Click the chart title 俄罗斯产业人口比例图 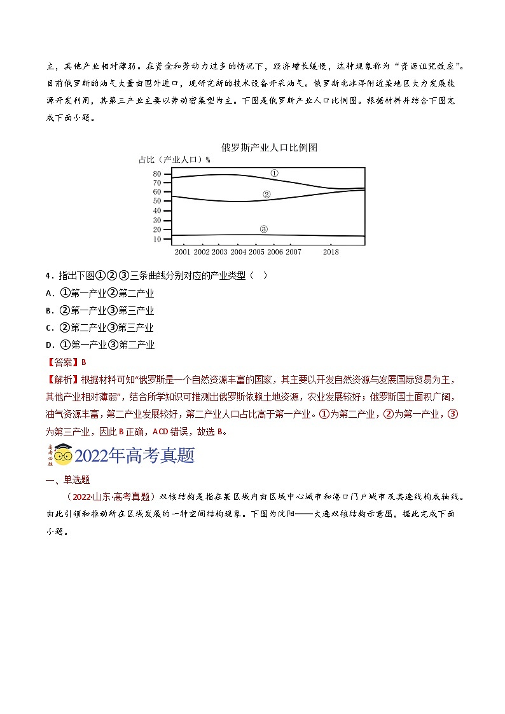pos(269,148)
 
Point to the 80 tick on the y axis pos(157,174)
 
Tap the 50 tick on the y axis pos(157,201)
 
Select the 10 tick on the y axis pos(157,239)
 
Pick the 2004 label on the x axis pos(239,252)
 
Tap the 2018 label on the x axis pos(331,252)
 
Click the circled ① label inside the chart pos(274,173)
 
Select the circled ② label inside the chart pos(266,195)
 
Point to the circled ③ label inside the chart pos(264,229)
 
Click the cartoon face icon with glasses pos(62,455)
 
